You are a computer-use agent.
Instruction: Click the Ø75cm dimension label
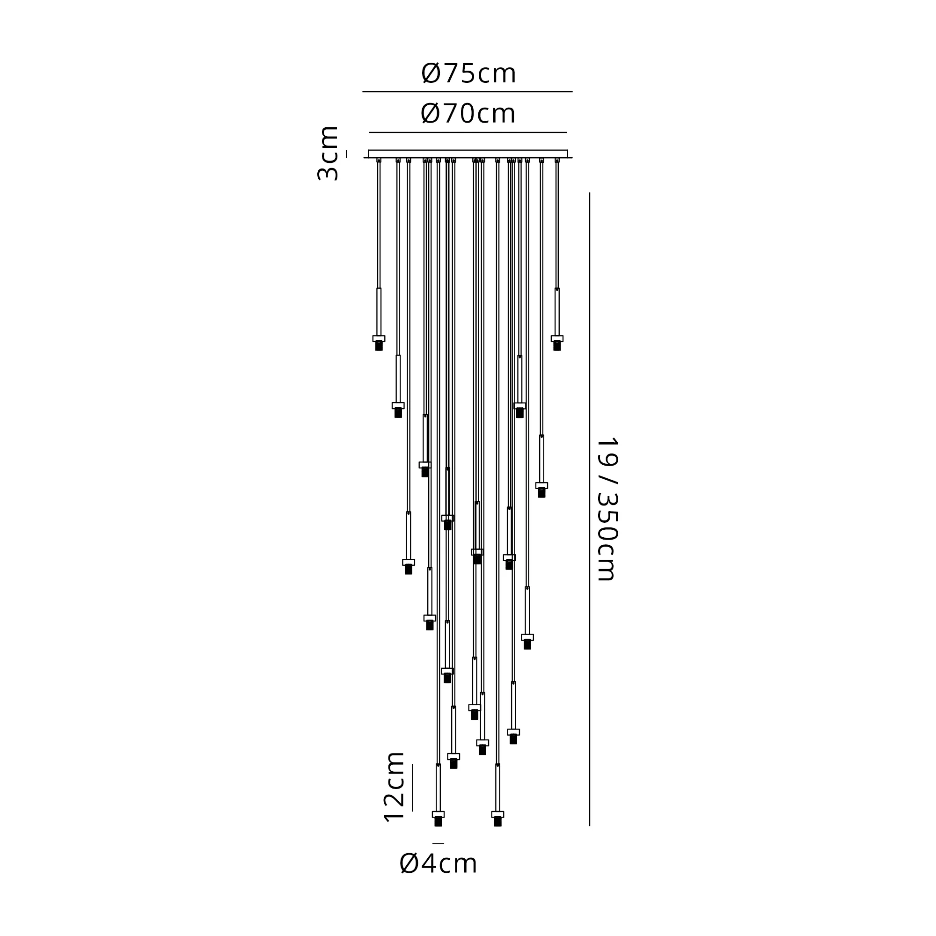tap(468, 73)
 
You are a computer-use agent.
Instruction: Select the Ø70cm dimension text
tap(468, 114)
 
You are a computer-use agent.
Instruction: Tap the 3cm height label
tap(328, 153)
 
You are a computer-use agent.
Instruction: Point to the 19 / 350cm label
tap(607, 509)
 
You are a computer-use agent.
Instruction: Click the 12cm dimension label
tap(394, 787)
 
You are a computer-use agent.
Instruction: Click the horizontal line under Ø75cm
tap(468, 92)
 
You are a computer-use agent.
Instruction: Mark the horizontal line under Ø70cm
tap(468, 132)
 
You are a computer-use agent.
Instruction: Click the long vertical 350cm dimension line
tap(590, 509)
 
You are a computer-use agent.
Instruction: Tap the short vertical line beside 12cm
tap(412, 788)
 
